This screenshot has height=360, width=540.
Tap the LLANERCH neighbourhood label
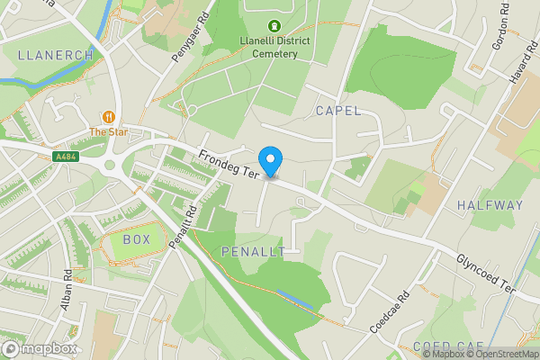[55, 55]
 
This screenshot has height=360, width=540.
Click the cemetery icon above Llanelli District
[274, 26]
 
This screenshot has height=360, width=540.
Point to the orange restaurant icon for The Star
[109, 117]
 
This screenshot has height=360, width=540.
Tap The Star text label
[109, 132]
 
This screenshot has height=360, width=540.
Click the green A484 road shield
[64, 157]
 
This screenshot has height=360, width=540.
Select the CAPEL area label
[337, 111]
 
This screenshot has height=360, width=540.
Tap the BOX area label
[136, 240]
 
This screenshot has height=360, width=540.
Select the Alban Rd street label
[67, 291]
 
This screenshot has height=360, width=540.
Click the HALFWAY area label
[490, 205]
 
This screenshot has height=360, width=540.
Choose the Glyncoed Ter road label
[484, 273]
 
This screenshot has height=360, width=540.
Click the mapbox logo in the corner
[40, 348]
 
